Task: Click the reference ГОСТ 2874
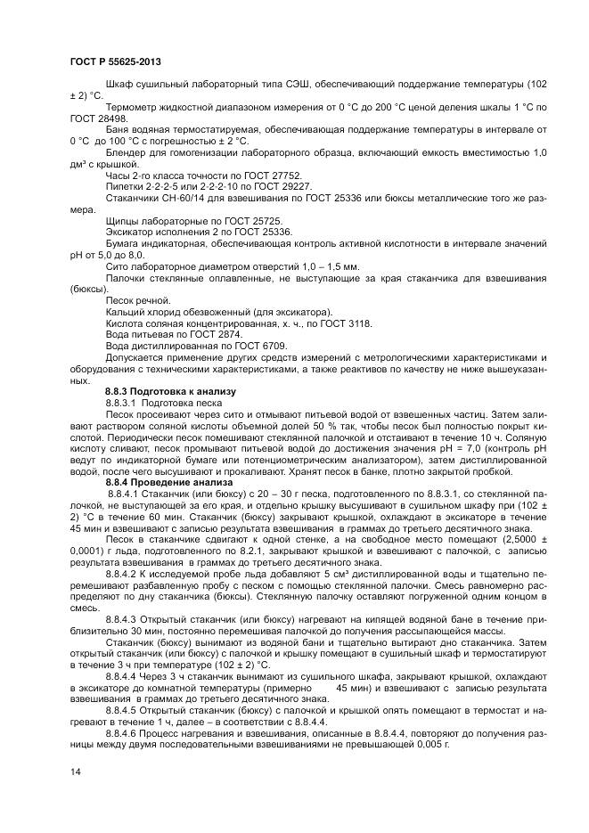point(214,334)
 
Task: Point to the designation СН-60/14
point(179,198)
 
